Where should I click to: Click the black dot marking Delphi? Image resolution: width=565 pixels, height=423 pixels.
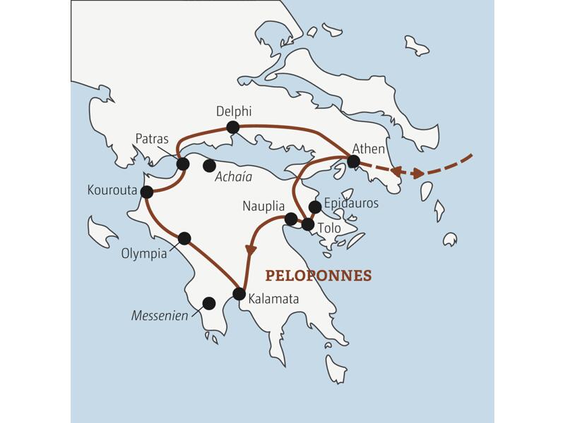232,128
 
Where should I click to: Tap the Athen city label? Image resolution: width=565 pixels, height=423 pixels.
368,149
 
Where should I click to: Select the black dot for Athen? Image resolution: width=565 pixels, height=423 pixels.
354,161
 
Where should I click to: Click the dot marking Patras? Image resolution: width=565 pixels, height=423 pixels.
183,164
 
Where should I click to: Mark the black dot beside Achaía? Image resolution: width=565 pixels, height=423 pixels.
209,166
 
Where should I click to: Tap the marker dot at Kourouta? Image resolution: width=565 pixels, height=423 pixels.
147,192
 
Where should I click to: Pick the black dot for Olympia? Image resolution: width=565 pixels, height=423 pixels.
184,238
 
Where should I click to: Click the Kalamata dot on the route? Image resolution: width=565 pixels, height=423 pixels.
239,294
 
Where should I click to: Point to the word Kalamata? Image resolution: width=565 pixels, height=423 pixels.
273,299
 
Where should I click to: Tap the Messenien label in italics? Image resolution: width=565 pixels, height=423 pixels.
160,316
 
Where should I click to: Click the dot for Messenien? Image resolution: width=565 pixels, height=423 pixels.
208,303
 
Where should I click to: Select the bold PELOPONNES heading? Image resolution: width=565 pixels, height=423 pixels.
317,275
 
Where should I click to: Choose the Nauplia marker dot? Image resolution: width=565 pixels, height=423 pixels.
290,219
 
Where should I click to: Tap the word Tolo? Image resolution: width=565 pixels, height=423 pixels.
329,228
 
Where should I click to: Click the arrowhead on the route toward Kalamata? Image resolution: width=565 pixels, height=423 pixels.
250,250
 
